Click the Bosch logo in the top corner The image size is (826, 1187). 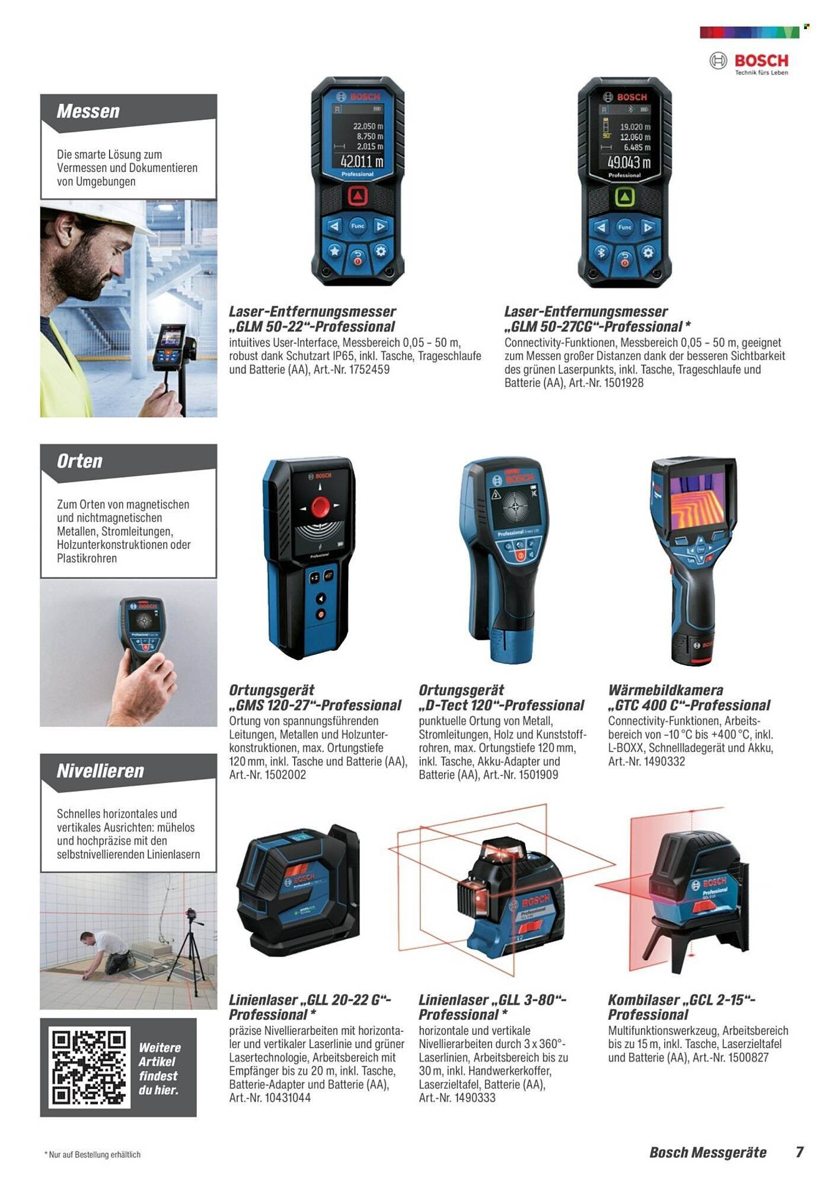[749, 62]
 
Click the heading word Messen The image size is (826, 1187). [88, 111]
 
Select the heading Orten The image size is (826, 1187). [79, 461]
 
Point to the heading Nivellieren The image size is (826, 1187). [100, 771]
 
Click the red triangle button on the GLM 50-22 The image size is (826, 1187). [358, 196]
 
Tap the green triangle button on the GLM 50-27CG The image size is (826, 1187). [625, 198]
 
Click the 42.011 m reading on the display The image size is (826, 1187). [362, 161]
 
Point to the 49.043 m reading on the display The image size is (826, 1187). [629, 162]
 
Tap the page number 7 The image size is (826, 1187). [799, 1153]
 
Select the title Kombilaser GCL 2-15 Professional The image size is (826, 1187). [681, 1007]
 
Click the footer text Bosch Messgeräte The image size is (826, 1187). [708, 1153]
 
